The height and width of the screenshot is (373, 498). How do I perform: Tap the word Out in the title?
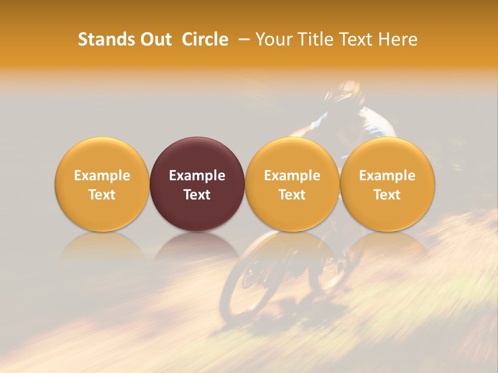pyautogui.click(x=156, y=39)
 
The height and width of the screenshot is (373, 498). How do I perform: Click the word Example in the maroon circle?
pyautogui.click(x=197, y=176)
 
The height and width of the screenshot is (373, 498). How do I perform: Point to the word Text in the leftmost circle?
pyautogui.click(x=102, y=195)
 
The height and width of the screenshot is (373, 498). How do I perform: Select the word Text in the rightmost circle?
pyautogui.click(x=388, y=195)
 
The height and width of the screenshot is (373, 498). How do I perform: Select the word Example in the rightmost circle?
pyautogui.click(x=388, y=176)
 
